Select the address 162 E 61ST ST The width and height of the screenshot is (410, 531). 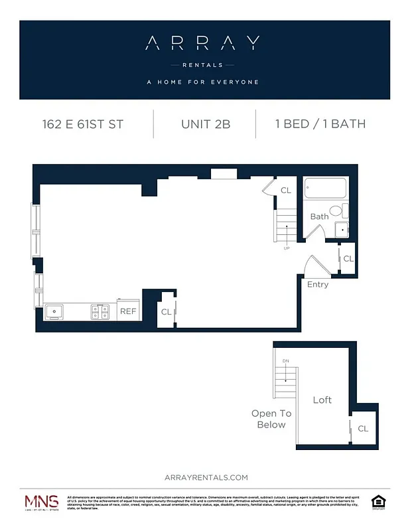[x=82, y=124]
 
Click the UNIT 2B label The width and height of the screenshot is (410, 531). [x=205, y=124]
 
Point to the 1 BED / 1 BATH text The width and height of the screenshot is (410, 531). [x=320, y=124]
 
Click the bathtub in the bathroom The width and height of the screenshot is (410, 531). [x=326, y=189]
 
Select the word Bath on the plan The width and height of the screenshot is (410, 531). [x=319, y=216]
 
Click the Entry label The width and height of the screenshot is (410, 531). [x=317, y=284]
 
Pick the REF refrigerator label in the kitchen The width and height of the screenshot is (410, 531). [x=127, y=311]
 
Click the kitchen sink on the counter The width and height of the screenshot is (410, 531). [x=53, y=310]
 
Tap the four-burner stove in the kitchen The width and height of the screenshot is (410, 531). [x=100, y=310]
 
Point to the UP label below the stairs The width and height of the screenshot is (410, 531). [x=287, y=249]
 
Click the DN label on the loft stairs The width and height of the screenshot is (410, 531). [x=286, y=361]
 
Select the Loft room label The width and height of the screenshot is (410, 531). [x=322, y=400]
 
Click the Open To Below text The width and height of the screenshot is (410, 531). [x=271, y=419]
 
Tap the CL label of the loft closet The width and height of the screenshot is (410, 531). [x=363, y=429]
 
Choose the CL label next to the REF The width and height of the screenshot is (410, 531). [x=166, y=311]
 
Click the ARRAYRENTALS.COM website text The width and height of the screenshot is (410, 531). [x=205, y=477]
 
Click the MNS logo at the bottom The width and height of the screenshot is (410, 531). [x=41, y=502]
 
